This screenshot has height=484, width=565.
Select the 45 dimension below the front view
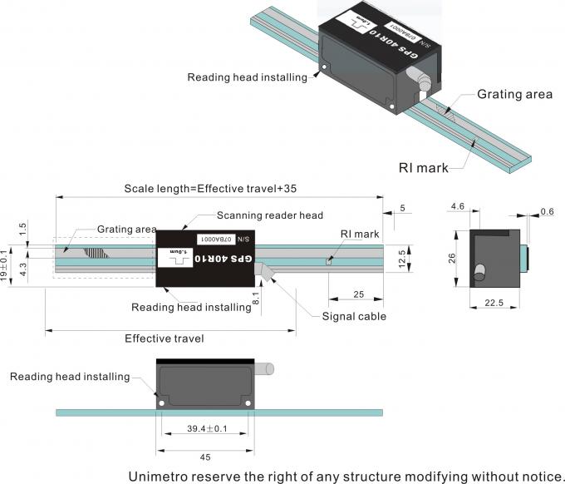pyautogui.click(x=204, y=455)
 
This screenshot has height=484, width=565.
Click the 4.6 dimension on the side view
pyautogui.click(x=457, y=205)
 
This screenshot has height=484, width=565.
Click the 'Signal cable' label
pyautogui.click(x=354, y=316)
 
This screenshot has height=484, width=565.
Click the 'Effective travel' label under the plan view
pyautogui.click(x=164, y=338)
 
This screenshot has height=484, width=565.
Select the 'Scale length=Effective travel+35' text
pyautogui.click(x=209, y=188)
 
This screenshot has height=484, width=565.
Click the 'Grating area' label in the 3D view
pyautogui.click(x=514, y=94)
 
